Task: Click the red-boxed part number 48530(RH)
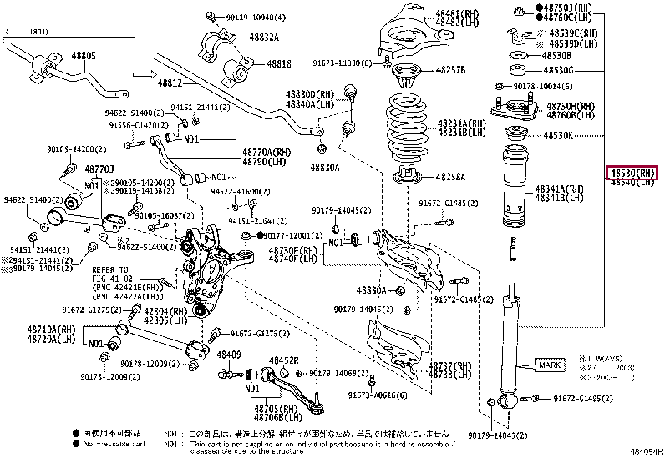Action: pos(632,173)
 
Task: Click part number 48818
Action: pos(279,64)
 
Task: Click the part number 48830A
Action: pos(326,167)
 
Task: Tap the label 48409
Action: pos(229,354)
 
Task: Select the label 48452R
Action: pos(283,360)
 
